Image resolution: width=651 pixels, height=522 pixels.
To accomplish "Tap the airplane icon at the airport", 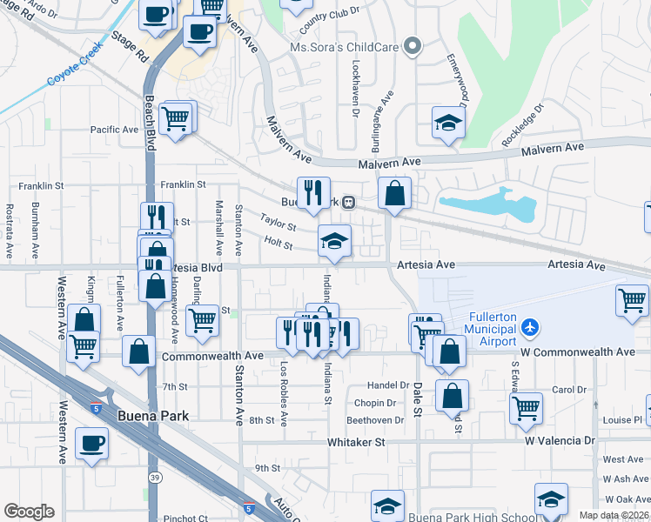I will click(x=530, y=328).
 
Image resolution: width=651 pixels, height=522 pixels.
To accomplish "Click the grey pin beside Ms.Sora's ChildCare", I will click(x=413, y=44).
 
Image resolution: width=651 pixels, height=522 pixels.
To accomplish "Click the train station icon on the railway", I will click(x=348, y=203).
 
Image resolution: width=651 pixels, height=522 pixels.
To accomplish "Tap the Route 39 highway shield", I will click(x=153, y=477).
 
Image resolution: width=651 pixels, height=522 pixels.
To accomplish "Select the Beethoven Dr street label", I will click(x=375, y=420).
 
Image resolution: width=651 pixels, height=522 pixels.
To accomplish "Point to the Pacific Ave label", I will click(x=114, y=130).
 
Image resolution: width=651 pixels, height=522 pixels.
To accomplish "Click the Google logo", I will click(x=29, y=512).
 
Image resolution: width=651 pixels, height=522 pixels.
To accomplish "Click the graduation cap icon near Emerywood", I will click(x=448, y=123).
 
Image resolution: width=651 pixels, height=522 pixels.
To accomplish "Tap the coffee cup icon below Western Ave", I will click(x=91, y=444).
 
